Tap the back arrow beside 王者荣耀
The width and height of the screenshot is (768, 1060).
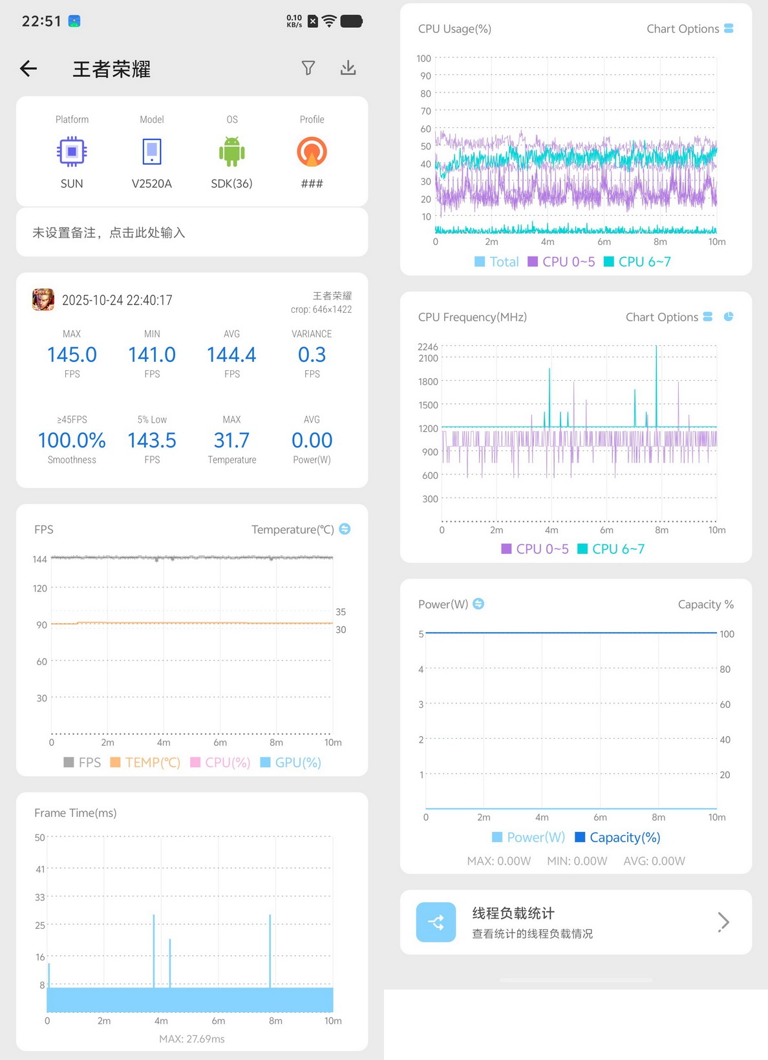(x=28, y=69)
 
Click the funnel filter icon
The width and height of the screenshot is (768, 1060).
(x=308, y=68)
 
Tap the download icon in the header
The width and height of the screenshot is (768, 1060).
(x=348, y=68)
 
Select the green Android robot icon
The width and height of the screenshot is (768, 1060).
(x=232, y=151)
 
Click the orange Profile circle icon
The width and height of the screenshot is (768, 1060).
(x=312, y=151)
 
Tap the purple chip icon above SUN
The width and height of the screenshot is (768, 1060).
(x=72, y=151)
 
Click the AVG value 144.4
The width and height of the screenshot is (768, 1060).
(x=232, y=355)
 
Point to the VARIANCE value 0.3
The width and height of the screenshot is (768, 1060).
(x=312, y=355)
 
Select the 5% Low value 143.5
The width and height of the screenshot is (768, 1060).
(x=152, y=441)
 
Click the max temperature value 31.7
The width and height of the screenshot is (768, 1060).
(x=232, y=441)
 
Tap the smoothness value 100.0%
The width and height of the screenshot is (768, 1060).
(x=72, y=441)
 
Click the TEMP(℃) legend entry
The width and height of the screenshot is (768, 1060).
(x=145, y=762)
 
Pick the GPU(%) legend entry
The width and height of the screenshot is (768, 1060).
(x=290, y=762)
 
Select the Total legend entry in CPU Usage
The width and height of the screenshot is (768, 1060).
(x=496, y=262)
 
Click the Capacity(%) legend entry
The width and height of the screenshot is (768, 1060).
(x=617, y=837)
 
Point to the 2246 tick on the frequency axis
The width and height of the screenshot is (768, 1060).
(x=428, y=347)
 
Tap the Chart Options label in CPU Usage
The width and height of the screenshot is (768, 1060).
(x=683, y=29)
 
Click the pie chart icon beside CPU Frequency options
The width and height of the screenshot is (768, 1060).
(x=729, y=317)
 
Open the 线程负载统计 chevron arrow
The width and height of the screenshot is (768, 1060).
(x=723, y=922)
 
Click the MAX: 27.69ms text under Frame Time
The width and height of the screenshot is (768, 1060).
(x=191, y=1039)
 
